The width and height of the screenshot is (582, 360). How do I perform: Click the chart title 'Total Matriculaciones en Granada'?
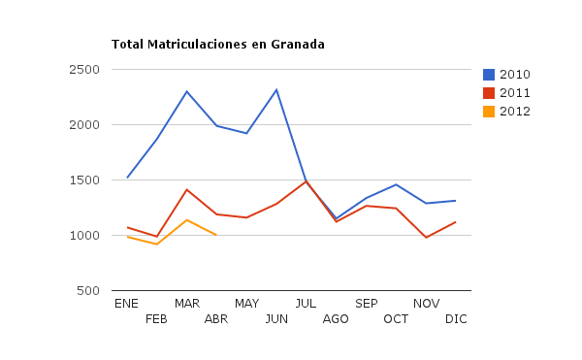217,45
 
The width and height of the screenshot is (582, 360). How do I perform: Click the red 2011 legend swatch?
489,93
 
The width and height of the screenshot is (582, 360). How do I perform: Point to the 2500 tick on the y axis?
87,70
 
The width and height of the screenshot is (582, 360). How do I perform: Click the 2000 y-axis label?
87,125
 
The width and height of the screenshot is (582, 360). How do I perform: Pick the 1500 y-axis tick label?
87,180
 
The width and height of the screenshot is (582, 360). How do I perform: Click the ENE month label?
126,304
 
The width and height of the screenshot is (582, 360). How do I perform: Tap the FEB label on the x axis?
156,319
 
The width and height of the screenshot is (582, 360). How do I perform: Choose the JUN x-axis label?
276,319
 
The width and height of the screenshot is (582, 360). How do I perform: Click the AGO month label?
336,319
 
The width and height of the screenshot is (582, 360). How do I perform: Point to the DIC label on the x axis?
456,319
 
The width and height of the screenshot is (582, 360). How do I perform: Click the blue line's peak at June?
276,90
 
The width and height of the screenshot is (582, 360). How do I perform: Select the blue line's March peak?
186,91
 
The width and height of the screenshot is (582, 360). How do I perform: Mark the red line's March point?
186,190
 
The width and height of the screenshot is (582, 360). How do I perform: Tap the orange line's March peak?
186,220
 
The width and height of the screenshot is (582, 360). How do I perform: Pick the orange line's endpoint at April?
216,236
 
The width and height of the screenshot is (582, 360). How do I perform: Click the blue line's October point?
396,184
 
